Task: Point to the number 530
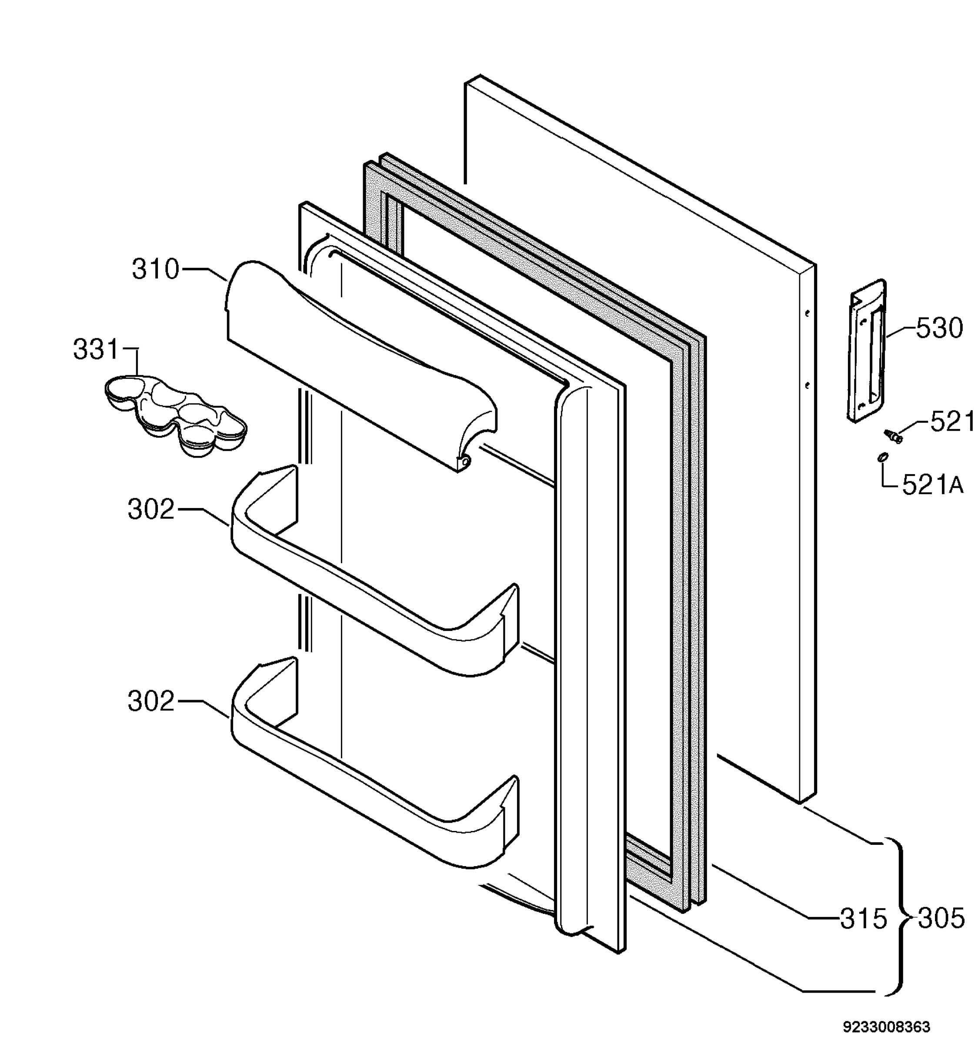click(940, 329)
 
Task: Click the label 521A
click(933, 486)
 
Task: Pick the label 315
click(864, 919)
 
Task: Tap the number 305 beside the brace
click(941, 918)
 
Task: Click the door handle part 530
click(867, 350)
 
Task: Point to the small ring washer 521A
click(882, 458)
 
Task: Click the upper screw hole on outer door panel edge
click(808, 313)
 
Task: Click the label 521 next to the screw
click(951, 422)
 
